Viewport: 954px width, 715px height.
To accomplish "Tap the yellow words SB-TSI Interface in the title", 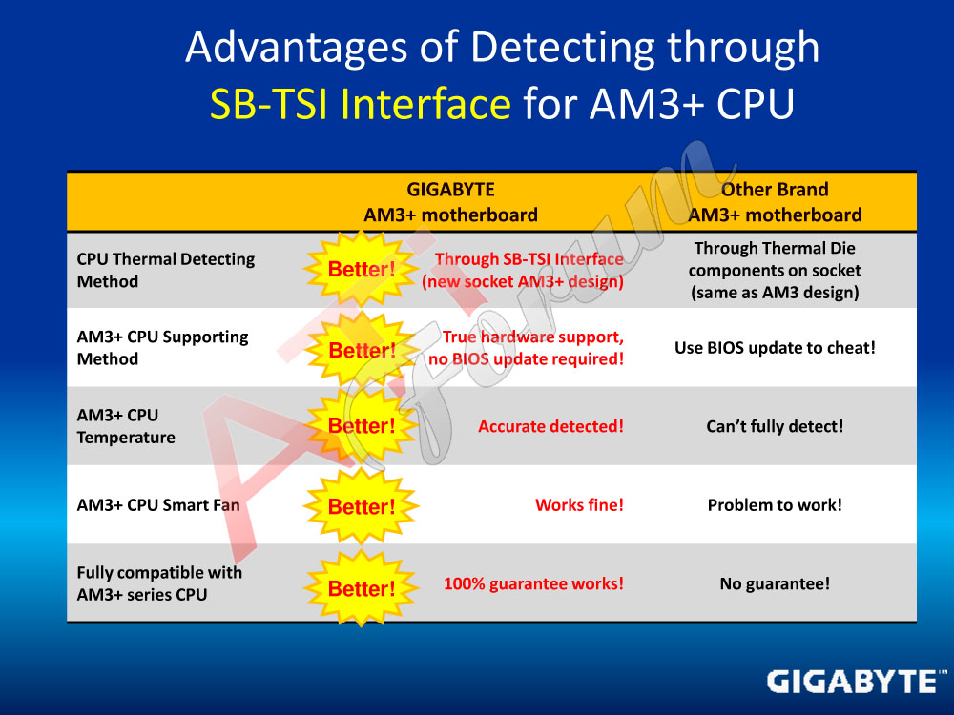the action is click(361, 103).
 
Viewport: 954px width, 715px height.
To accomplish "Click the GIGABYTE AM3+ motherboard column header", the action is click(451, 202).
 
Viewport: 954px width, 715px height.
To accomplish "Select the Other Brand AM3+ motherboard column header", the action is click(775, 202).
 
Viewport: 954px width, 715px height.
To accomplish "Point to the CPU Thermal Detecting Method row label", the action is click(165, 270).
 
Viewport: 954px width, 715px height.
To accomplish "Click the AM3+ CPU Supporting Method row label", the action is click(162, 348).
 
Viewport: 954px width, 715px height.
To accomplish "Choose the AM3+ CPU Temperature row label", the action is click(126, 425).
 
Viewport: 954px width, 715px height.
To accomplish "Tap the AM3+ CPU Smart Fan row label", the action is click(158, 504).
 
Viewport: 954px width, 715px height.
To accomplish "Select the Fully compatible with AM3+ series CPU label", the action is click(159, 583).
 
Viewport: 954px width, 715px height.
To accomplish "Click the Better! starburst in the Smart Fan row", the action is click(362, 506).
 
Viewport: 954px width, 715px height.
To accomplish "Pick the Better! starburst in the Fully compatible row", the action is click(362, 588).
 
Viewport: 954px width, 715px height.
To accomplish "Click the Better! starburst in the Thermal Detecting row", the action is click(362, 269).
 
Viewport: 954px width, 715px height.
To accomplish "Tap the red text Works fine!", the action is click(579, 504).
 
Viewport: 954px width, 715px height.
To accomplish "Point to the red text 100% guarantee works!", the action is click(533, 583).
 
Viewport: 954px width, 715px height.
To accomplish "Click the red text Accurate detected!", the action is click(550, 426).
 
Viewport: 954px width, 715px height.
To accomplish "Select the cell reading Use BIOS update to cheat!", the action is click(775, 348).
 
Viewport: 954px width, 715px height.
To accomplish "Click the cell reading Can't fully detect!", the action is click(775, 426).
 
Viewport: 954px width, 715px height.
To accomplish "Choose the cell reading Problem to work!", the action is click(775, 504).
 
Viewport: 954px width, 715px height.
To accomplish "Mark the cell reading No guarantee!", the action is click(775, 583).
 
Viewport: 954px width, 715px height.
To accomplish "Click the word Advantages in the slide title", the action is click(297, 48).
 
